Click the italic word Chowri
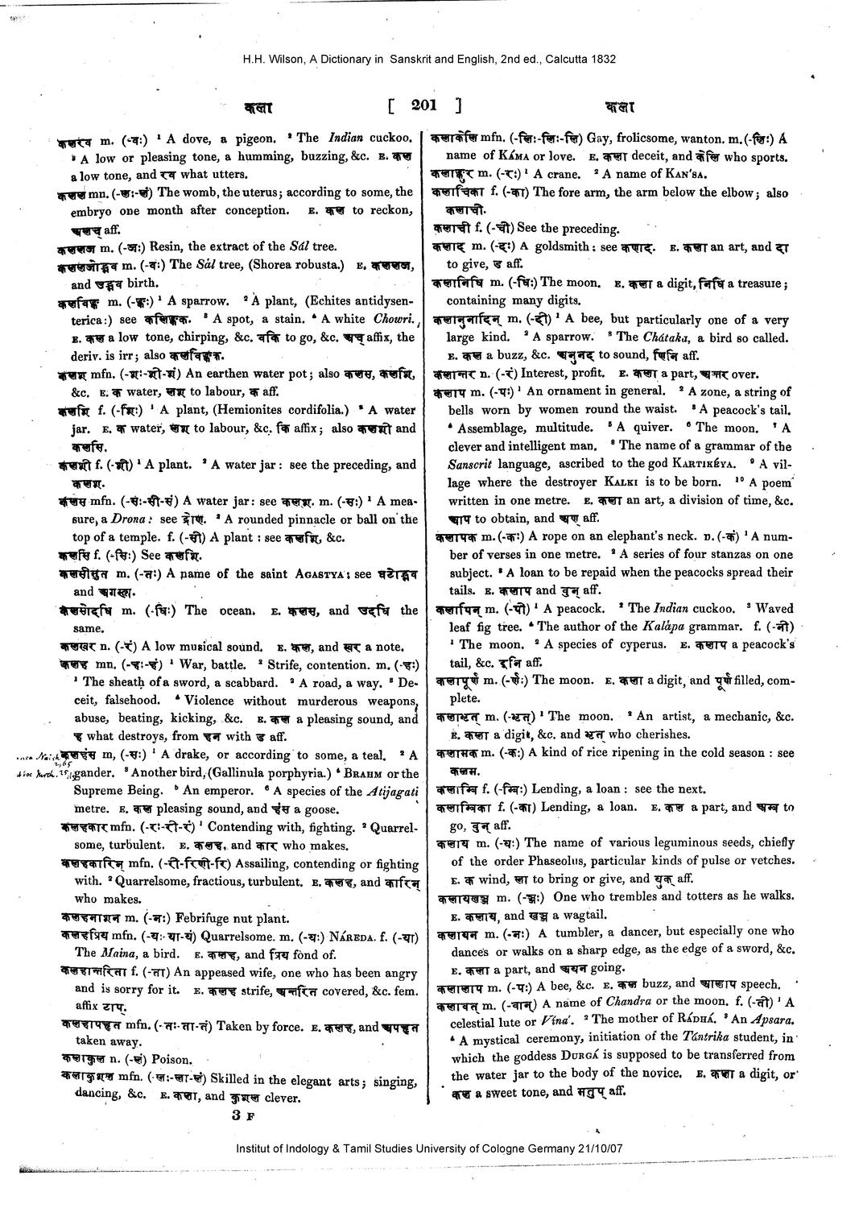(392, 319)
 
